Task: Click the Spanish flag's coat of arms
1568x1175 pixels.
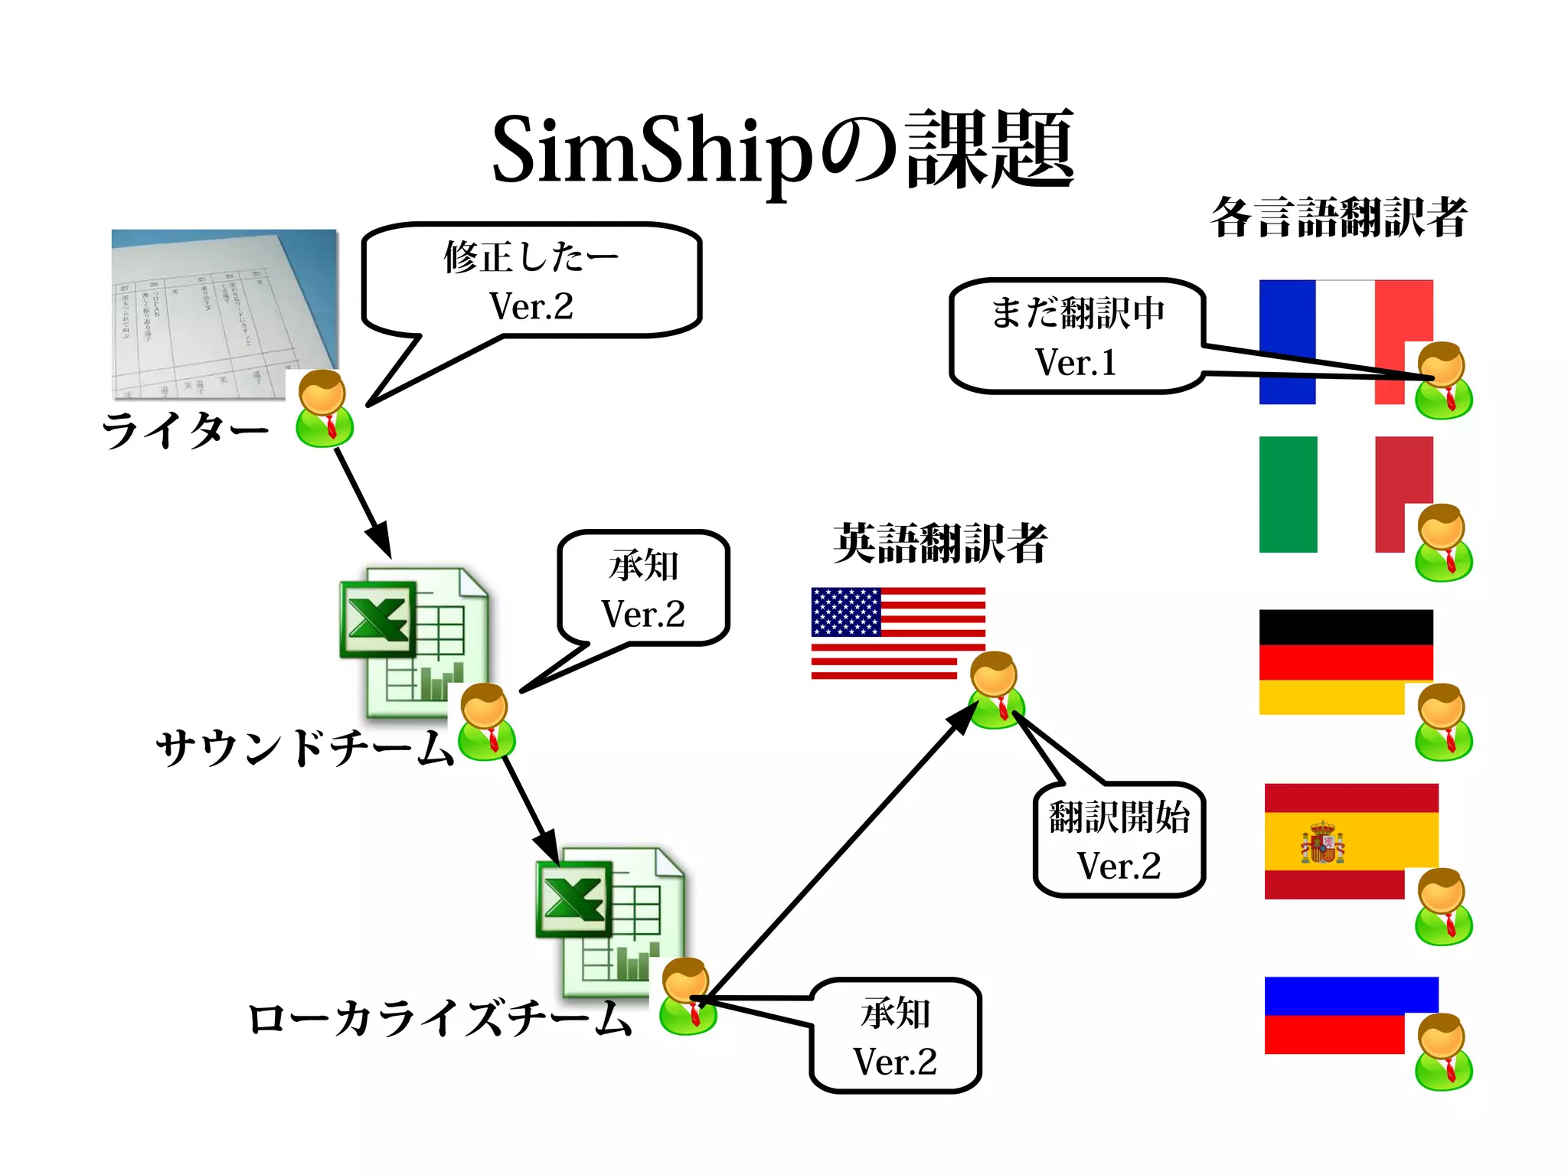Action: pyautogui.click(x=1322, y=843)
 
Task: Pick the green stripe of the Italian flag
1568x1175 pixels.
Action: pyautogui.click(x=1288, y=494)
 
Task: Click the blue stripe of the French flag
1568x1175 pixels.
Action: pyautogui.click(x=1287, y=341)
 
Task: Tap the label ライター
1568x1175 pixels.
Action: pyautogui.click(x=185, y=429)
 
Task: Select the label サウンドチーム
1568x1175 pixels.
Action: pyautogui.click(x=304, y=747)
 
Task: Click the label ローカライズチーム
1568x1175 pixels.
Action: pyautogui.click(x=439, y=1019)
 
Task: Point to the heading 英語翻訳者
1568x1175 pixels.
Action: pyautogui.click(x=939, y=543)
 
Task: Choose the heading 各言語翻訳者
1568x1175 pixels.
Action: pyautogui.click(x=1338, y=217)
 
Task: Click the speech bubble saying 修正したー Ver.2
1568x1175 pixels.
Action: pyautogui.click(x=531, y=280)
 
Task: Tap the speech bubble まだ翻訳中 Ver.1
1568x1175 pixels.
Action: pyautogui.click(x=1076, y=336)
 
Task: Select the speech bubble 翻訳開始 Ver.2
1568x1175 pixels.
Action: pyautogui.click(x=1119, y=840)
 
